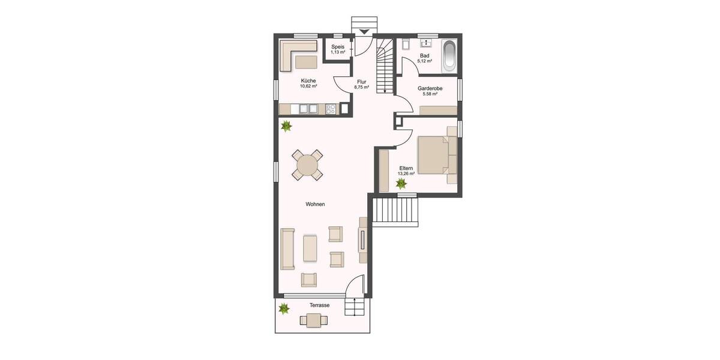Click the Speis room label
pos(338,46)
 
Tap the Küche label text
pos(308,80)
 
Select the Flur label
pos(361,81)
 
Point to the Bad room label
pos(425,55)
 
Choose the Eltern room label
pos(406,169)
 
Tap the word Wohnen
pos(315,205)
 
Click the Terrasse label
pos(319,305)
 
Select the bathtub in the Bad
pos(449,56)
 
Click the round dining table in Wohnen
pos(307,164)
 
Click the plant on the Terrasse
pos(284,309)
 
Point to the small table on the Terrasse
pos(313,320)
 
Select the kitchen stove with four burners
pos(331,109)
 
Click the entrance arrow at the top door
pos(364,32)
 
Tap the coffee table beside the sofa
pos(310,248)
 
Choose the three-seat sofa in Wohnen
pos(288,249)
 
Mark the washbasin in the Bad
pos(427,43)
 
